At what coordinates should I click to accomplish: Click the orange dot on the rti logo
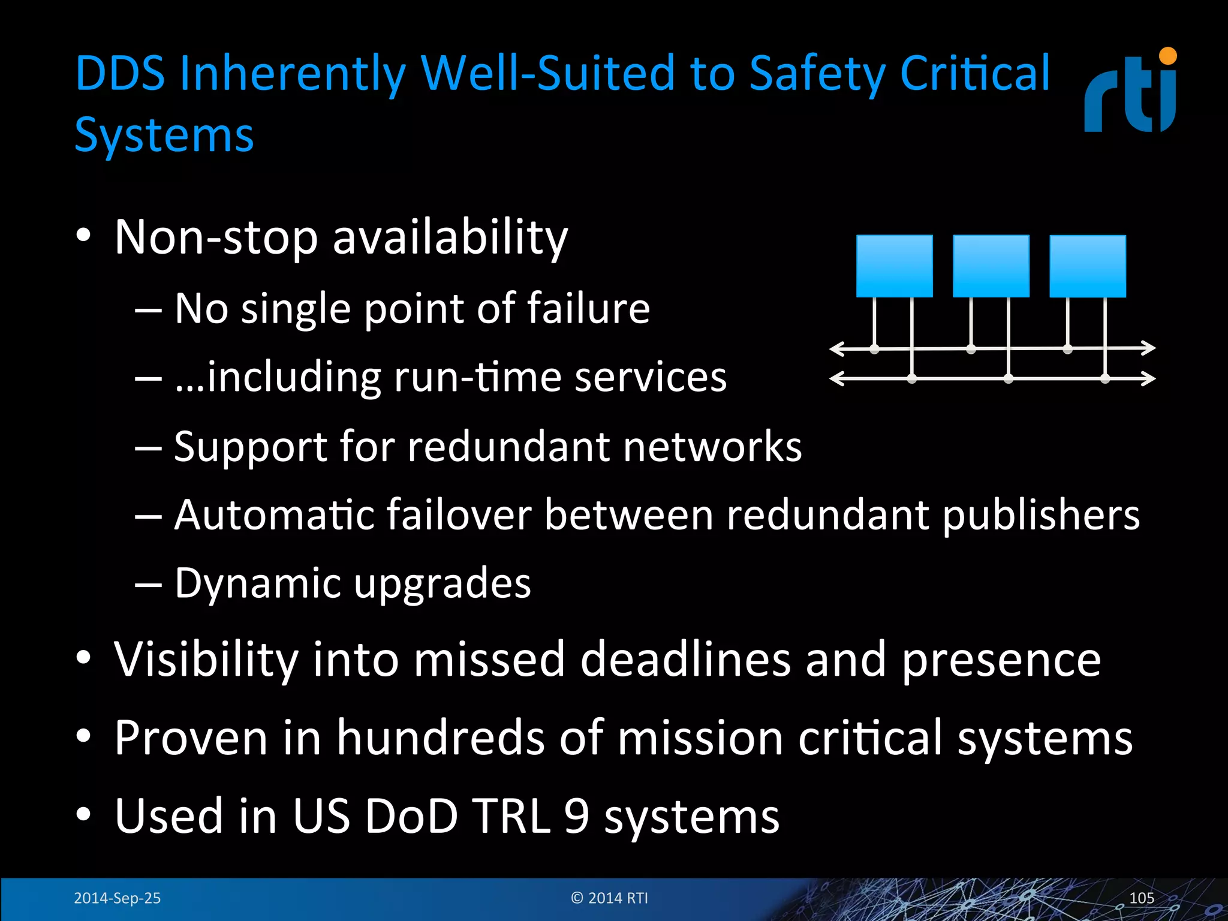[1167, 56]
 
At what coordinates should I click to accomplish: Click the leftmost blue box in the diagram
[894, 266]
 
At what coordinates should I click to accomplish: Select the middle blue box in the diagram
[991, 266]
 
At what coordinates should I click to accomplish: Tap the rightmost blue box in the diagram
[1087, 266]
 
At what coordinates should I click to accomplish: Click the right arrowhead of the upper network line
[1149, 348]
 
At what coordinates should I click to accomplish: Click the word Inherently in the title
[292, 74]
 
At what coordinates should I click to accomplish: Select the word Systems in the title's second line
[164, 136]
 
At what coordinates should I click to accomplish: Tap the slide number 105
[1141, 898]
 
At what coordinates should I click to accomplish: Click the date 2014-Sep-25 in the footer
[117, 898]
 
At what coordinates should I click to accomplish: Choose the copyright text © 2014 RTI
[609, 898]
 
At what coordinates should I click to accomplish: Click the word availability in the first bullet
[450, 238]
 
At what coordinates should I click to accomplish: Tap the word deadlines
[685, 660]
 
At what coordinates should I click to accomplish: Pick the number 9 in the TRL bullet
[576, 816]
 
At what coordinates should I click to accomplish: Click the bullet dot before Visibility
[83, 658]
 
